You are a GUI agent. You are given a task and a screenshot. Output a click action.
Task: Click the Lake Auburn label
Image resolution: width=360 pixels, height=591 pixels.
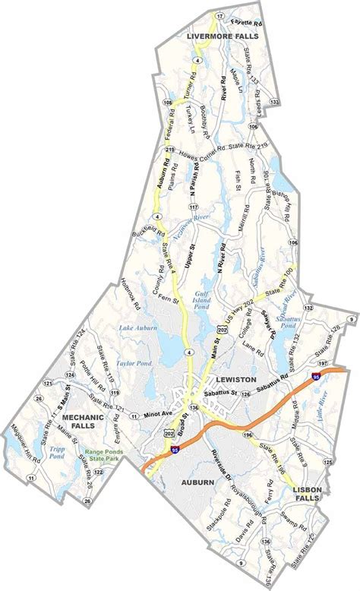tap(137, 328)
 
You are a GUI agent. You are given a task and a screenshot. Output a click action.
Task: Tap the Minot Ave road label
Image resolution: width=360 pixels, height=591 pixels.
tap(159, 415)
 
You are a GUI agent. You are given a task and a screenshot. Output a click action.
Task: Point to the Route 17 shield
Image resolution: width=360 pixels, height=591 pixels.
tap(219, 15)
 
